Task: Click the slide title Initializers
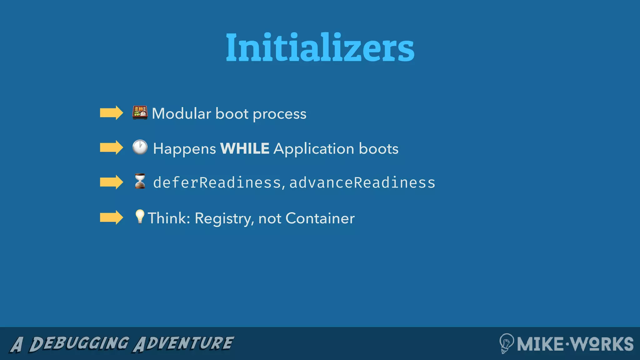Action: point(320,47)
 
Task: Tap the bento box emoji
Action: point(140,113)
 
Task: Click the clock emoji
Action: point(140,147)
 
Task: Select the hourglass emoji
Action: point(140,181)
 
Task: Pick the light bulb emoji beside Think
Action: point(139,217)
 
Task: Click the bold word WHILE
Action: point(245,148)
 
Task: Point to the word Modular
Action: point(181,113)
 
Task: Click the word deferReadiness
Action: point(217,182)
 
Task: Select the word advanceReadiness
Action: point(362,182)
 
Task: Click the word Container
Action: point(320,218)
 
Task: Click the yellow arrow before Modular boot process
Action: point(111,113)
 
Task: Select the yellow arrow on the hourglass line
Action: point(111,182)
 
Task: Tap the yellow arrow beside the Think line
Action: point(111,217)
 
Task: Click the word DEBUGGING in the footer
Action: point(79,344)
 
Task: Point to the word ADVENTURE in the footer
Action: point(183,344)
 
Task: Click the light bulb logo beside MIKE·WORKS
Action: point(506,343)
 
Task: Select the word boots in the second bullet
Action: point(378,148)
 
